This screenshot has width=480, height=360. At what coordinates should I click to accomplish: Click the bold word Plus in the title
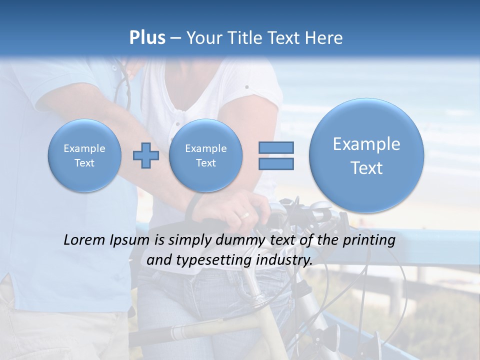click(147, 38)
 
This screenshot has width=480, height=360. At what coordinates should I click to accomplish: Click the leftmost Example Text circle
click(84, 155)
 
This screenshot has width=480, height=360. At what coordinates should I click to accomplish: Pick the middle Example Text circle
click(205, 155)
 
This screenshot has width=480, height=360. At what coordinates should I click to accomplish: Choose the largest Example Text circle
click(366, 155)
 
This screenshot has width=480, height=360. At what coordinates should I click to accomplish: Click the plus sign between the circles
click(145, 155)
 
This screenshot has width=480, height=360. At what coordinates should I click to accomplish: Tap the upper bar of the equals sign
click(276, 147)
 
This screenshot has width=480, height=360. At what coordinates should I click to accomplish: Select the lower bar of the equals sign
click(276, 163)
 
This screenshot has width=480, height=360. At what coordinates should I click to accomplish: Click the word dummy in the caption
click(237, 240)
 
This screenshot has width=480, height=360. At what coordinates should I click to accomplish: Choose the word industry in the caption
click(284, 260)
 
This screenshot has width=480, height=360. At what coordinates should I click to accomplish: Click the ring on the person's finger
click(244, 215)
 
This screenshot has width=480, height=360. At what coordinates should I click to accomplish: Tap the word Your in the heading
click(204, 38)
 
